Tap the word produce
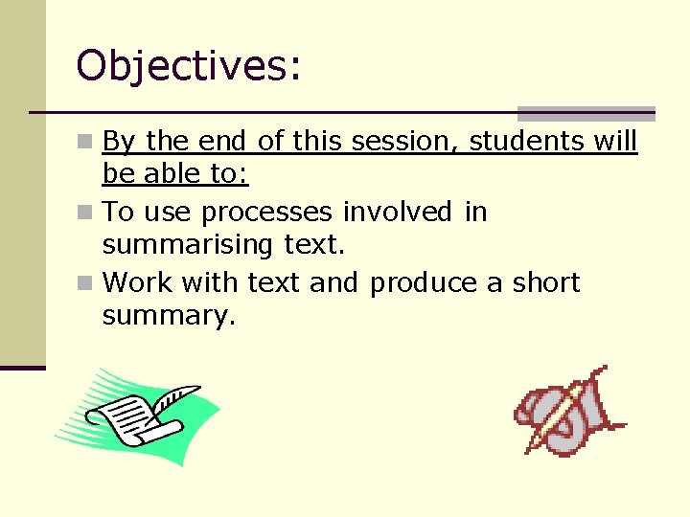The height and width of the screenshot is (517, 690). (x=422, y=283)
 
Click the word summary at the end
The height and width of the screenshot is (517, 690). (x=168, y=317)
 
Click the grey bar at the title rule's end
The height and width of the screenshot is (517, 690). (x=586, y=113)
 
